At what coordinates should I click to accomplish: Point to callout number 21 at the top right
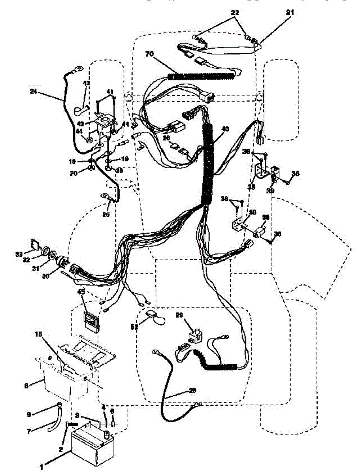(x=291, y=13)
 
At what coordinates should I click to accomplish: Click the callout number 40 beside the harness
(x=225, y=128)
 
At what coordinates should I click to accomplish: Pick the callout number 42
(x=86, y=83)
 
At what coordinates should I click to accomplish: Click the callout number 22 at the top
(x=236, y=13)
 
